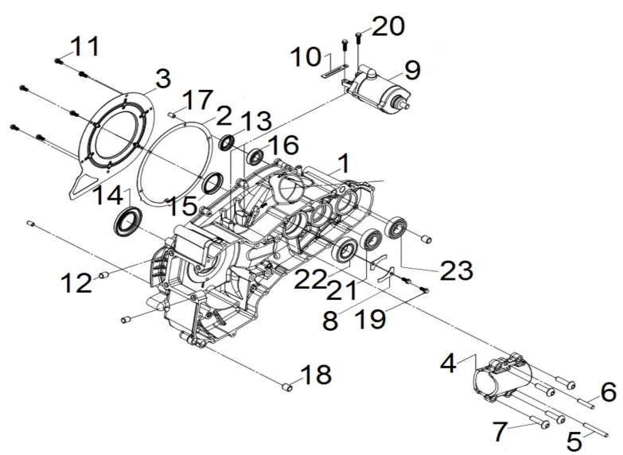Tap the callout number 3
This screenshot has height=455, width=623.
click(162, 79)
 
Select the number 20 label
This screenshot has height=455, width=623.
click(387, 27)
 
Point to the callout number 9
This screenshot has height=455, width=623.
click(411, 69)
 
